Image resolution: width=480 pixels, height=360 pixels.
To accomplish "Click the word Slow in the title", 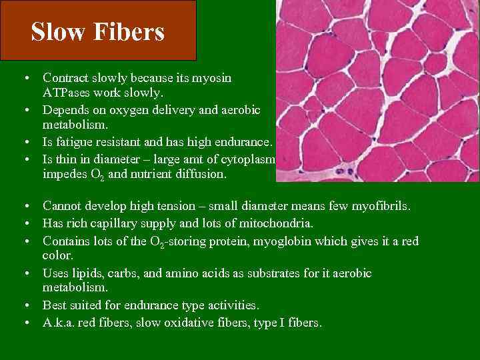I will (x=56, y=32).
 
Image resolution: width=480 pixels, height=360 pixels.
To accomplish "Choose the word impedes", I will (x=65, y=175).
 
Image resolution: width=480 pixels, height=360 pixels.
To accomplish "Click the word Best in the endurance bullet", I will (x=55, y=305).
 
